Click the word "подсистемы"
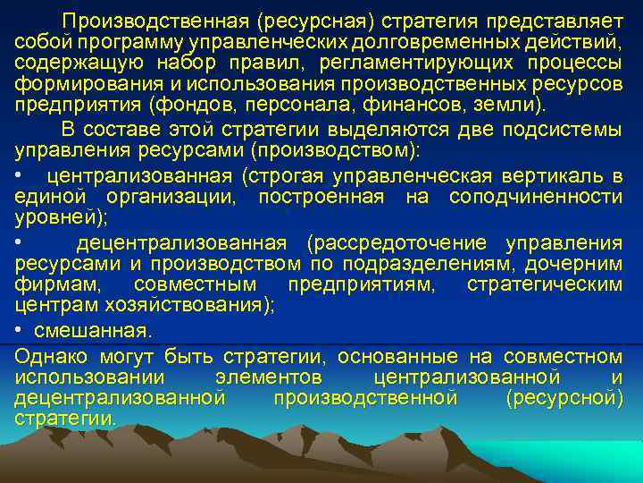point(568,129)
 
